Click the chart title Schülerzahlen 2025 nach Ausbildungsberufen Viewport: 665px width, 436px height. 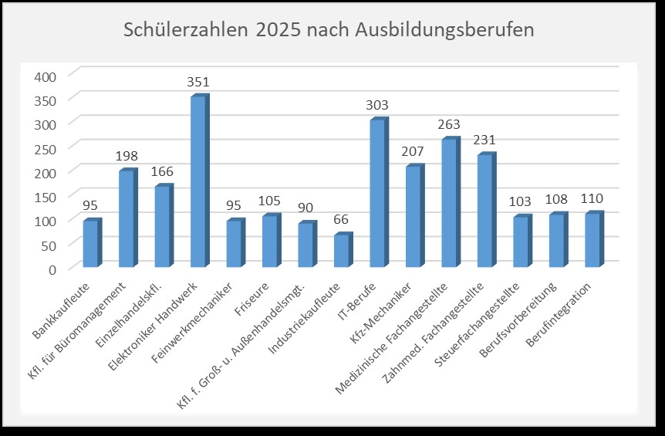(x=329, y=31)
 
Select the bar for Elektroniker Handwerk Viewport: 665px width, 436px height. (x=199, y=182)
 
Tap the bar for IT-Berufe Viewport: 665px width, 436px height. (x=378, y=194)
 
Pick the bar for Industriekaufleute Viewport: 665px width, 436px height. (x=342, y=251)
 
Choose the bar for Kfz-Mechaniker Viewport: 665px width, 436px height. (x=414, y=217)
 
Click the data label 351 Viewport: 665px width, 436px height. (x=198, y=82)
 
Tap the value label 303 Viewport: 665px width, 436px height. (x=378, y=106)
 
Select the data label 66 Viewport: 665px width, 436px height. (x=342, y=220)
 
